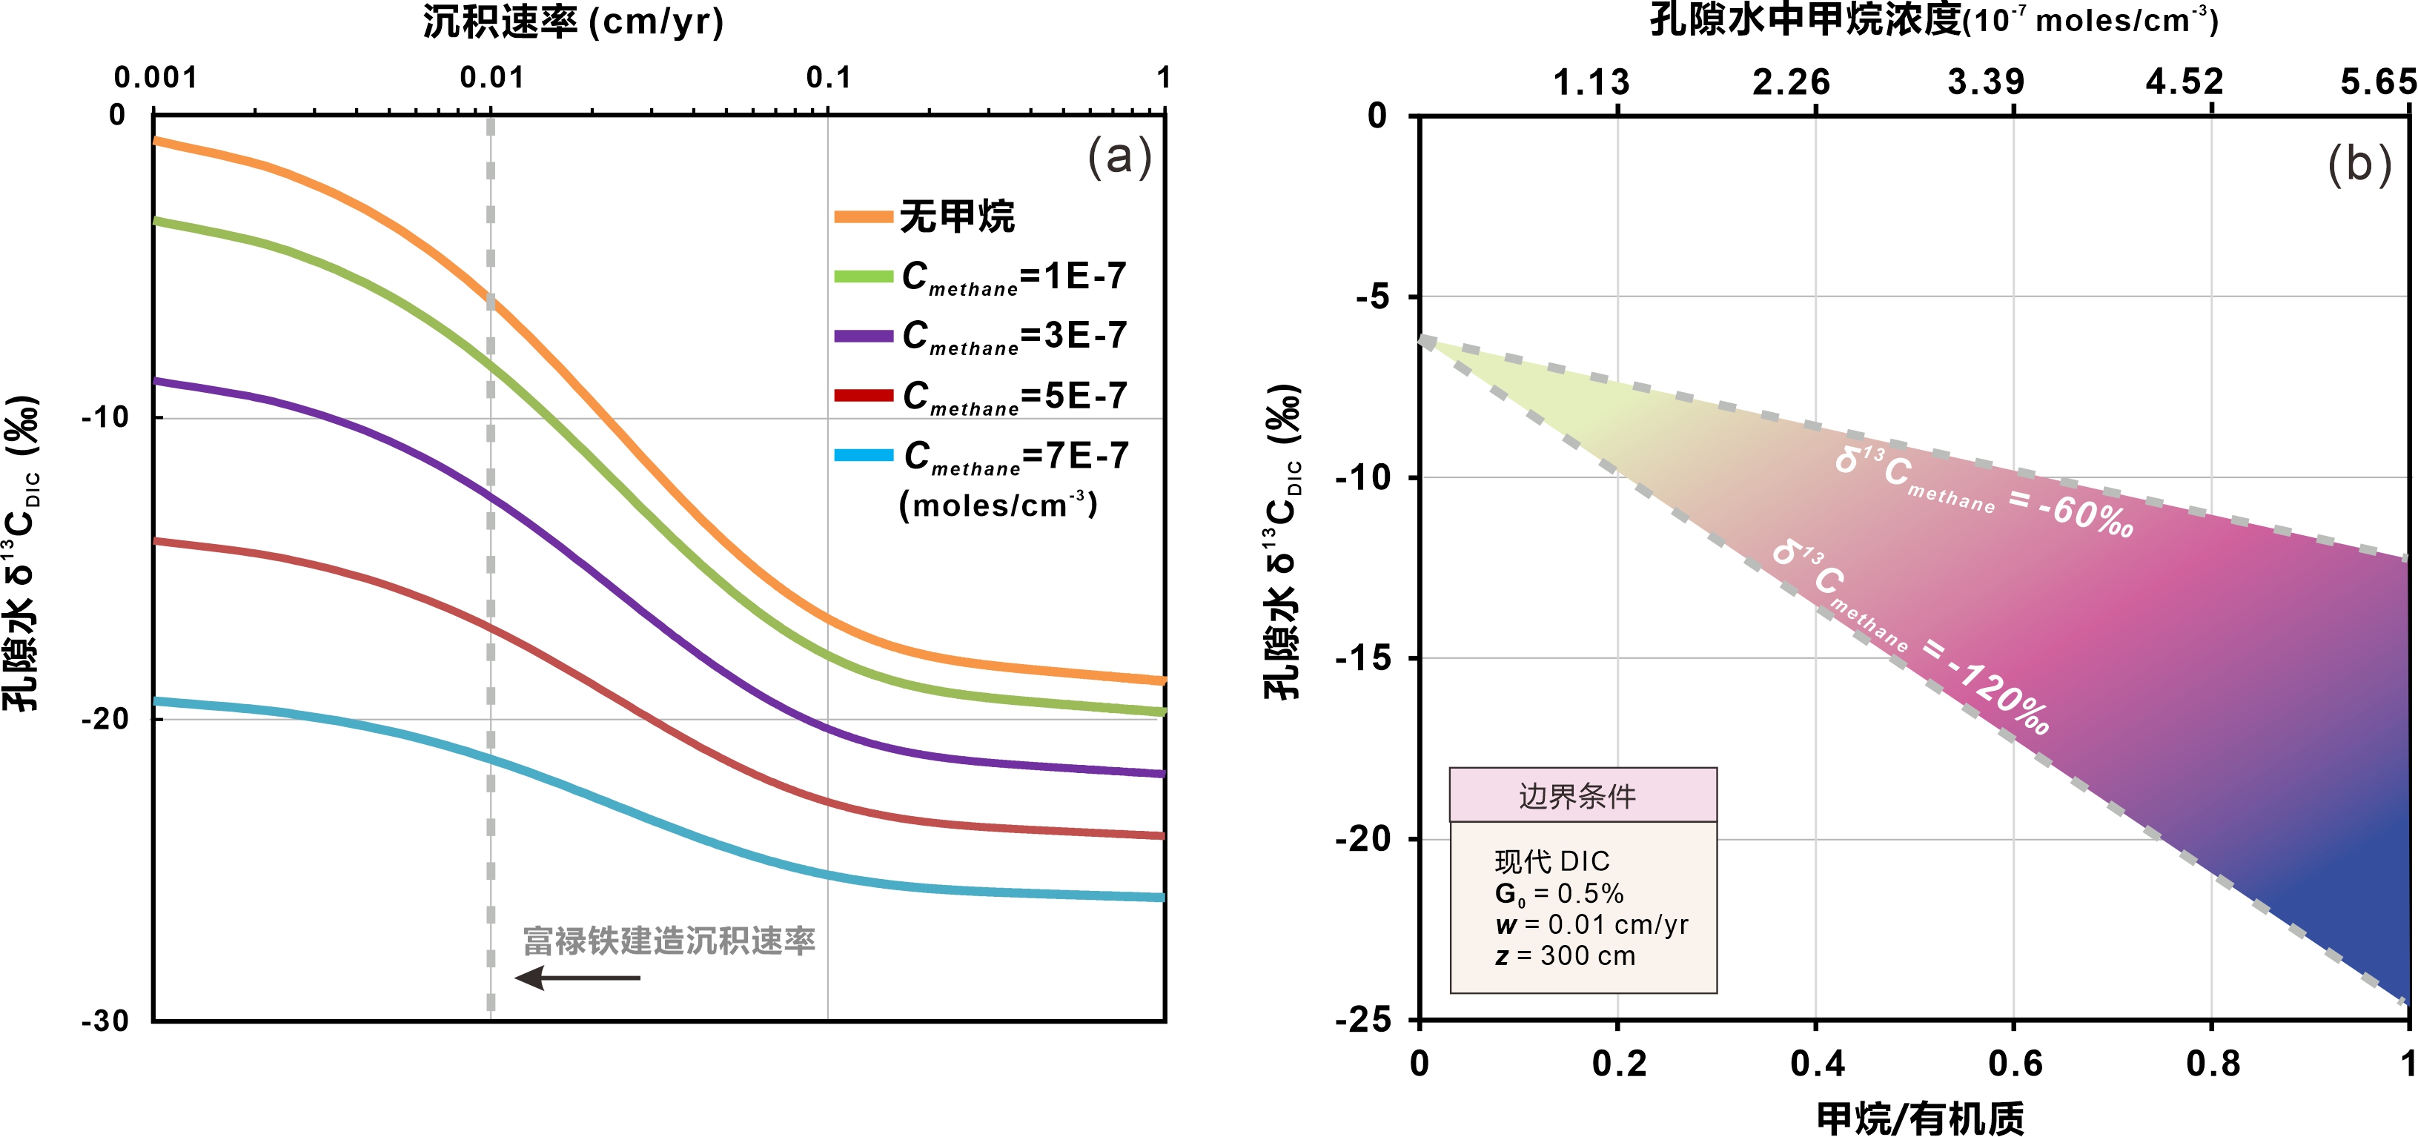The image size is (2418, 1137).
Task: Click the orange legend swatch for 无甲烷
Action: tap(863, 217)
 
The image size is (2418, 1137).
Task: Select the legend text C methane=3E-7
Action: tap(1014, 336)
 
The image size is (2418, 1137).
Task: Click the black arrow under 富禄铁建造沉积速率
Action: tap(577, 978)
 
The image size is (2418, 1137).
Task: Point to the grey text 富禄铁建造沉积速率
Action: tap(669, 941)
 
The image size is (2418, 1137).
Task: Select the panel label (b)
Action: tap(2359, 165)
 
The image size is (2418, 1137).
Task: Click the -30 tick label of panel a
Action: tap(105, 1021)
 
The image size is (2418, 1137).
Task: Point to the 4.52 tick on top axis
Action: tap(2185, 82)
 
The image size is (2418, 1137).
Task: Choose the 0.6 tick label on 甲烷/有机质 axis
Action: tap(2014, 1064)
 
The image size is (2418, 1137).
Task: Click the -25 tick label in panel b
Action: tap(1363, 1020)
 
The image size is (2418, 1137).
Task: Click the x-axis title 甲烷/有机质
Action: tap(1920, 1117)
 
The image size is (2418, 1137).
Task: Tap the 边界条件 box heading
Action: tap(1578, 796)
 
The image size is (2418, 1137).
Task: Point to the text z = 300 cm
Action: tap(1565, 956)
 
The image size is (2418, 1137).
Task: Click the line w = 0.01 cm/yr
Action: tap(1591, 925)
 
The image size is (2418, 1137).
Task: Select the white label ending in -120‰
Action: tap(1910, 638)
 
